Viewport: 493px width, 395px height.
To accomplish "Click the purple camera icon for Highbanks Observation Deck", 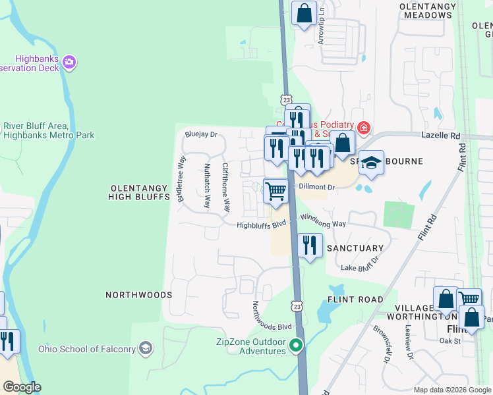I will [69, 63].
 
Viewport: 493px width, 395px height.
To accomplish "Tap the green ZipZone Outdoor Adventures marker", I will [297, 345].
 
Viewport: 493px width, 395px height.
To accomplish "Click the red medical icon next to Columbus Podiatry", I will [362, 127].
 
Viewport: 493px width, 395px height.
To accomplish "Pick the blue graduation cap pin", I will [372, 163].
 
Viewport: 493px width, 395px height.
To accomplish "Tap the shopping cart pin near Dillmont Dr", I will [276, 190].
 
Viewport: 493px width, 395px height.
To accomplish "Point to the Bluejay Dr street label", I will [201, 135].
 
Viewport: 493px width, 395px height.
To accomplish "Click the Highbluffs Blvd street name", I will [262, 224].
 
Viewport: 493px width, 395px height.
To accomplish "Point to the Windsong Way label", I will [323, 221].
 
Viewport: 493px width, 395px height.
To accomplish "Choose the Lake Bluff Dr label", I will [359, 267].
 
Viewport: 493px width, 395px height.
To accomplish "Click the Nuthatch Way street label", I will [207, 186].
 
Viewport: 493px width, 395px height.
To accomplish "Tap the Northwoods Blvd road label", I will [272, 317].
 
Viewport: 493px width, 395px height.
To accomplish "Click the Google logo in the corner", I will [22, 387].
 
